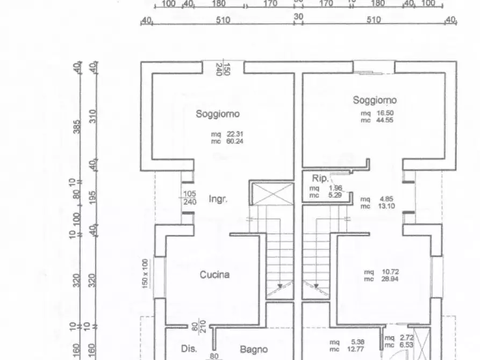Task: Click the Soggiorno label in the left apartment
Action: click(x=217, y=114)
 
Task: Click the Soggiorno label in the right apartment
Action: click(x=375, y=100)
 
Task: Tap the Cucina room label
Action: click(x=215, y=275)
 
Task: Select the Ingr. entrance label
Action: click(x=218, y=199)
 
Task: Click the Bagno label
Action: click(x=254, y=350)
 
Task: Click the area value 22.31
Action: click(x=235, y=134)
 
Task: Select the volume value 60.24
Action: click(x=235, y=142)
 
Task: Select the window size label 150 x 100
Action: click(x=145, y=274)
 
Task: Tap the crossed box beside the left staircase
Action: click(x=272, y=193)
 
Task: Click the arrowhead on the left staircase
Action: click(x=280, y=286)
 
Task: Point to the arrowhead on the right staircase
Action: click(x=317, y=286)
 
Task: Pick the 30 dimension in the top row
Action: click(x=298, y=17)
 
